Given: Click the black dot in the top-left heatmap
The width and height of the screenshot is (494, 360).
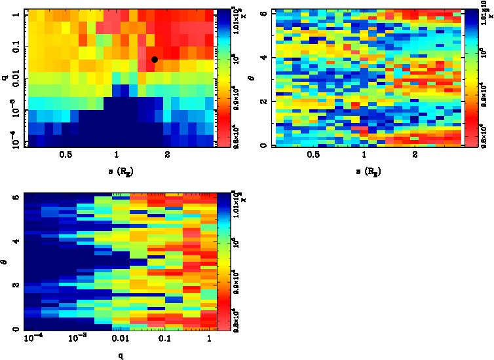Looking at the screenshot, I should click(155, 60).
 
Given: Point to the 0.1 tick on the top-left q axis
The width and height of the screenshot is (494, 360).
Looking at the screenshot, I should click(14, 48).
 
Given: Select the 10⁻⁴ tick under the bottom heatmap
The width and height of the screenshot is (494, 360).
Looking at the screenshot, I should click(32, 338).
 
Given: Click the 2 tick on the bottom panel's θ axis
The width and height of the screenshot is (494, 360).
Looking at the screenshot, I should click(14, 285).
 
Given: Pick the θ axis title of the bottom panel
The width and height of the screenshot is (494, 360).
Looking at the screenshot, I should click(5, 262).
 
